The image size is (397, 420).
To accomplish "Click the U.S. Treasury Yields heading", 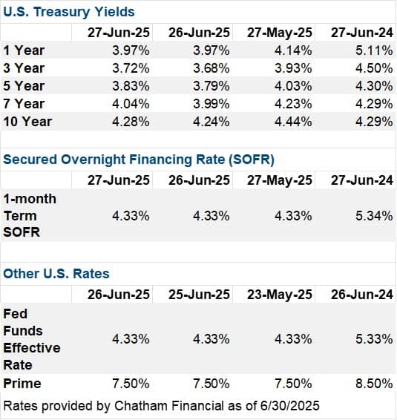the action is coord(69,12).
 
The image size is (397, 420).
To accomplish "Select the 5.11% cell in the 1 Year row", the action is coord(374,50).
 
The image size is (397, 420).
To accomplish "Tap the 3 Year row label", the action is coord(24,68).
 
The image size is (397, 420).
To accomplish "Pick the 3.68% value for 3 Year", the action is coord(211,68).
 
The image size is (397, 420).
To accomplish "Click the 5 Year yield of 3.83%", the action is coord(131,86).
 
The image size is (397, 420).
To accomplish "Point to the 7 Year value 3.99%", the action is coord(211,104).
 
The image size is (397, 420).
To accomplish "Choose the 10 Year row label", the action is coord(27,122).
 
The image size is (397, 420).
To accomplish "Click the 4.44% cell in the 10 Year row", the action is coord(293,122).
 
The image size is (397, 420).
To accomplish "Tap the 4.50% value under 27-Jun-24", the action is coord(374,68).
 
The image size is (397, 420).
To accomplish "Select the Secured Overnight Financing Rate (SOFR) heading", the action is coord(139,160).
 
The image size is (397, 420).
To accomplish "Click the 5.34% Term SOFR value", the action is coord(374,216).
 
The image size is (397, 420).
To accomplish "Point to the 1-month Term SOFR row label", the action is coord(30,215).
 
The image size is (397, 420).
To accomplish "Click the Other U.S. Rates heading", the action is coord(56,274).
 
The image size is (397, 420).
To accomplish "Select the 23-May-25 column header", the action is coord(280,295).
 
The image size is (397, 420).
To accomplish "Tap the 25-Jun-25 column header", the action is coord(199,295).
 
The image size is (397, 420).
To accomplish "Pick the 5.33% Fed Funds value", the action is coord(374,339).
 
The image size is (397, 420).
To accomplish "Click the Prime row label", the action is coord(22,384).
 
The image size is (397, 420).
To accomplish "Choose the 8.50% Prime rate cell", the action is coord(374,384).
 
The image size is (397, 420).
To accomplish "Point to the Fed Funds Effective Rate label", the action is coord(32,339).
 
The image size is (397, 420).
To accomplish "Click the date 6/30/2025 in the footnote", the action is coord(290,406).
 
